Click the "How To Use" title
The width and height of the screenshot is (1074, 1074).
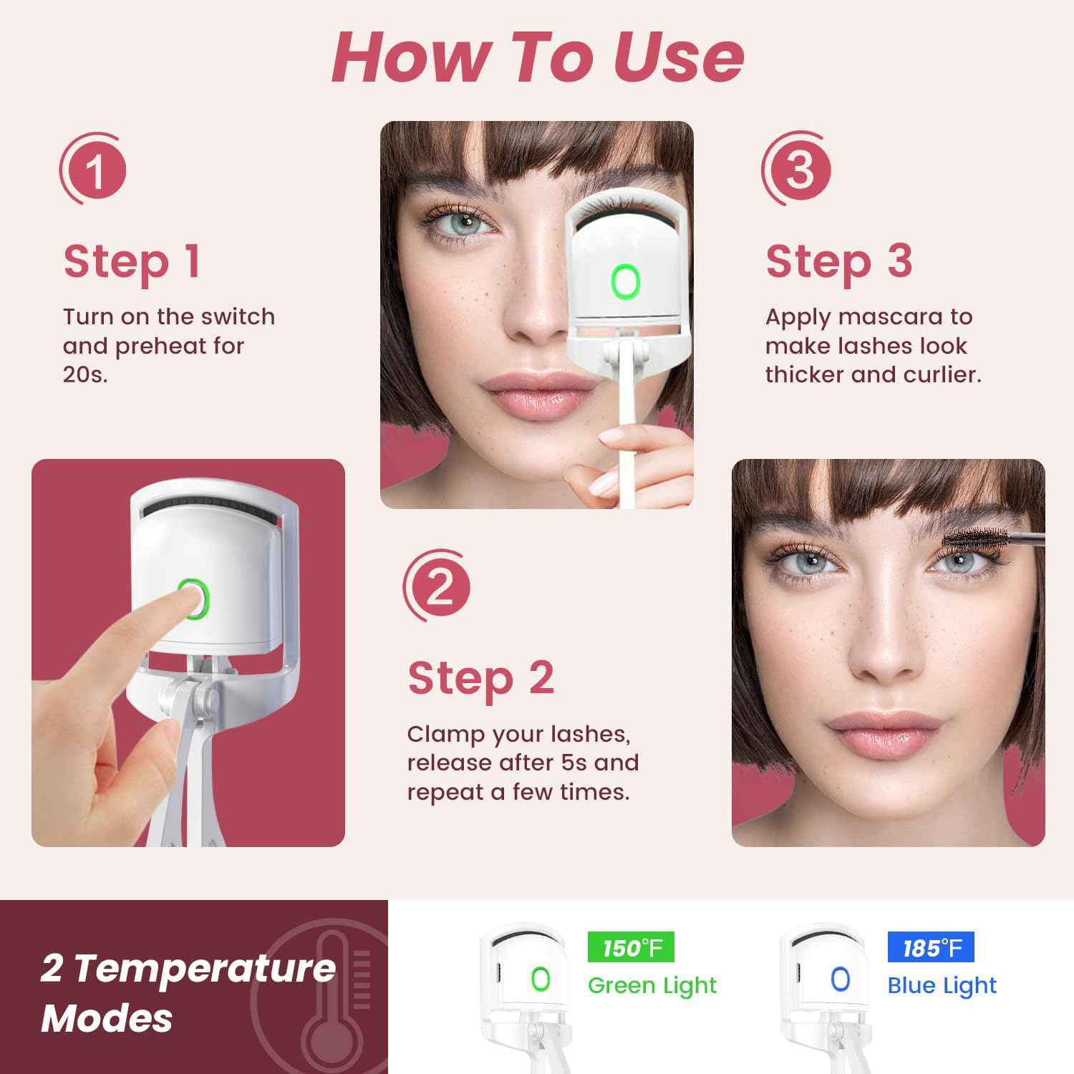point(537,57)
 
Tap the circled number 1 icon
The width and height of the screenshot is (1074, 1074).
point(94,170)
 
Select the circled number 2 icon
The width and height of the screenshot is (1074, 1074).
point(438,587)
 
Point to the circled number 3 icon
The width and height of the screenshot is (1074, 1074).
point(798,170)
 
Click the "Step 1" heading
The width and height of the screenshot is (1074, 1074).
point(132,262)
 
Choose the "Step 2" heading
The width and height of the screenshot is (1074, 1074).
point(480,679)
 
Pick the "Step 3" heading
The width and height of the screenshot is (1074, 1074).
point(839,262)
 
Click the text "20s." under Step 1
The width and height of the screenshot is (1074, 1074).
point(85,374)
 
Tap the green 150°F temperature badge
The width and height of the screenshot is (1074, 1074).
point(630,948)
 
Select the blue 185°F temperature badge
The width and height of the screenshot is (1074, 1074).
point(930,948)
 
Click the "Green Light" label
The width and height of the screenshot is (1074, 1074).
point(652,986)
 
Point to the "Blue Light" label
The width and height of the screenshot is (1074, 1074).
point(942,986)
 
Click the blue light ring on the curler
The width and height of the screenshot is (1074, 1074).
point(840,979)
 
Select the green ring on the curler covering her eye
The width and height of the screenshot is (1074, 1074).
point(625,281)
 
